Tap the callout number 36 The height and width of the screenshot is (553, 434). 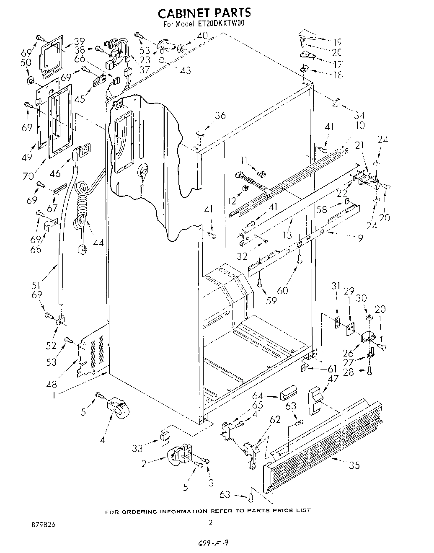pos(220,116)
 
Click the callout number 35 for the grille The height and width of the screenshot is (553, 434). pos(354,465)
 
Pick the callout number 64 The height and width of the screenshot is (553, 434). pos(258,396)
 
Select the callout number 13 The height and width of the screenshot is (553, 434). pos(287,235)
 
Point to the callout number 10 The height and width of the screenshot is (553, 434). pos(359,125)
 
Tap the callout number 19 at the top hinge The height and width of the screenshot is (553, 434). pos(338,42)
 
